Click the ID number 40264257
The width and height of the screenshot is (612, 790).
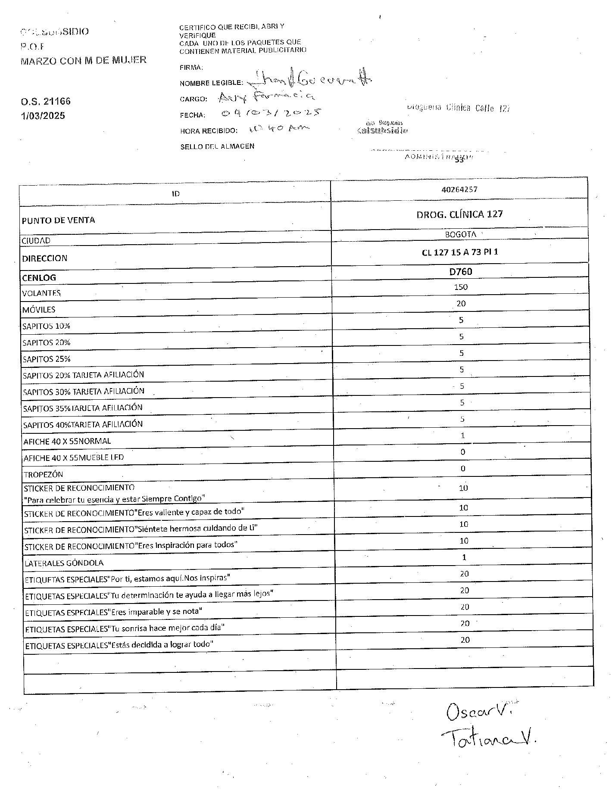(459, 190)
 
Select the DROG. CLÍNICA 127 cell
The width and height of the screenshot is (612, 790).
(459, 214)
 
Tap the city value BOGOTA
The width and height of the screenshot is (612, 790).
(460, 235)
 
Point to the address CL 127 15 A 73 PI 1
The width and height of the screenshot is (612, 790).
(460, 252)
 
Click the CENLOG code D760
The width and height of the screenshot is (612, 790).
(460, 272)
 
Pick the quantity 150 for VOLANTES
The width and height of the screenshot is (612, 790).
(461, 287)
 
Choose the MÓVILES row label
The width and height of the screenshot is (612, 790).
(39, 310)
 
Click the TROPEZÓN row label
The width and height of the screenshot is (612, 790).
(43, 475)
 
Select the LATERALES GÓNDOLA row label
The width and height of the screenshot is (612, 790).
(63, 563)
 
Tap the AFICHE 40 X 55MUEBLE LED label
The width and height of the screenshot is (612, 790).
(74, 457)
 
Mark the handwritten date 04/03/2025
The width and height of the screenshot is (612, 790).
(271, 114)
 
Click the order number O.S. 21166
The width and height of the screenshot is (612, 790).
(45, 102)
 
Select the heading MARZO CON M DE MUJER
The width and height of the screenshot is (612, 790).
(84, 60)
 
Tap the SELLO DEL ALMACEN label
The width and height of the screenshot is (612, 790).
(217, 146)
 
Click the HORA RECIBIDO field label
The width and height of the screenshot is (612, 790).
(209, 131)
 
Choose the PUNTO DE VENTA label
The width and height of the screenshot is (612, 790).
(58, 220)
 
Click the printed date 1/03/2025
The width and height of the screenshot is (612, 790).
(43, 115)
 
